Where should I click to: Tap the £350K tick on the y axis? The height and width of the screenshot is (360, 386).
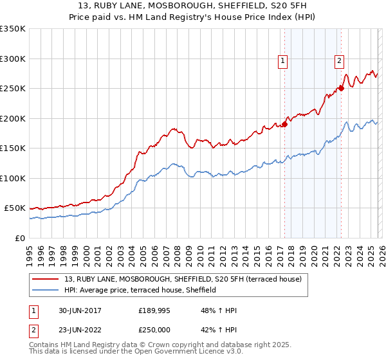(x=13, y=29)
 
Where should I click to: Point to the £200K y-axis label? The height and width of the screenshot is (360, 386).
(x=13, y=118)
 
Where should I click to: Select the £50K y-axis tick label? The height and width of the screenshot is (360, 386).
(x=15, y=208)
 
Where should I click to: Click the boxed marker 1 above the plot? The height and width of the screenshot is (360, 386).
(x=282, y=62)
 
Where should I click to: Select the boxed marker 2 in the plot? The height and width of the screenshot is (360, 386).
(x=339, y=62)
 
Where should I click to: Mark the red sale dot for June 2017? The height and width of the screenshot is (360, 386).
(x=284, y=125)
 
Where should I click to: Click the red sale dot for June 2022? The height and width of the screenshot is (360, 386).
(x=342, y=88)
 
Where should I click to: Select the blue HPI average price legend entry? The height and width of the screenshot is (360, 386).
(x=142, y=290)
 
